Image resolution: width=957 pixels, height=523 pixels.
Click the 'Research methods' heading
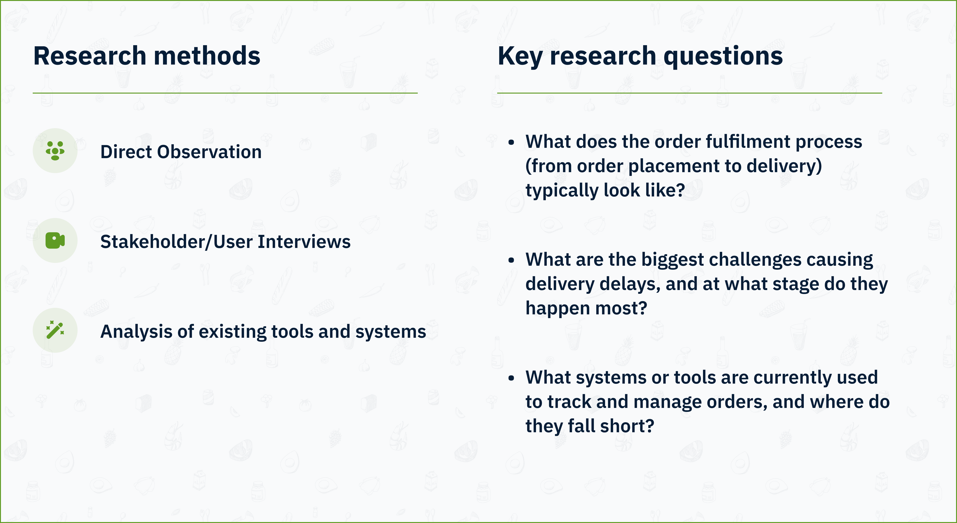point(147,56)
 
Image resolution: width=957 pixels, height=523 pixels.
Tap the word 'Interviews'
point(304,242)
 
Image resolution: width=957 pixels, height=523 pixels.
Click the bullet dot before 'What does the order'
point(512,142)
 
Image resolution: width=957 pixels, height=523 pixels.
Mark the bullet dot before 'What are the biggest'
point(512,260)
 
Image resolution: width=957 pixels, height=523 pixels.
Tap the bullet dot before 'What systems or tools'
point(512,378)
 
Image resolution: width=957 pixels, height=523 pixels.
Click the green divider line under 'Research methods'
point(225,93)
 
